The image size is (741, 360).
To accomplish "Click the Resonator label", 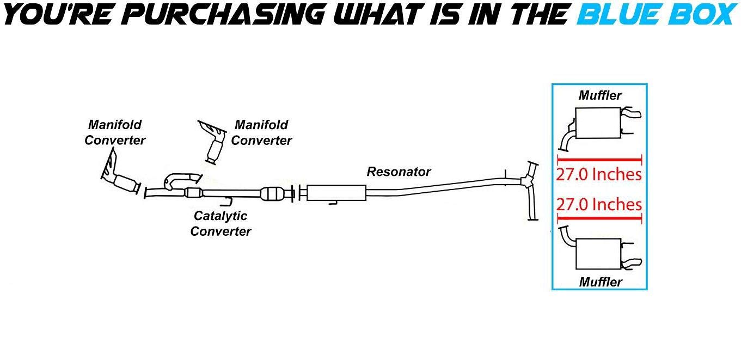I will pos(399,172).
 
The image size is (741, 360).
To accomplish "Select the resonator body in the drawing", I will pos(336,193).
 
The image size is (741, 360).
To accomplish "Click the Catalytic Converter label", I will pos(221,223).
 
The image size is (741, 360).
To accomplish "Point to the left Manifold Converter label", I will pos(115,132).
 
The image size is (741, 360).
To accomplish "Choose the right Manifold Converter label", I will pos(261,132).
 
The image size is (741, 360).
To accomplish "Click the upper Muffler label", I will pos(600,95).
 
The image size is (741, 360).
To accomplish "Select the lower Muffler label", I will pos(600,282).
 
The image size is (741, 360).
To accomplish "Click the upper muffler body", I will pos(598,123).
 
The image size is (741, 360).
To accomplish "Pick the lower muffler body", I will pos(598,254).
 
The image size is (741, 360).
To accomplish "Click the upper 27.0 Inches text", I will pos(599,175).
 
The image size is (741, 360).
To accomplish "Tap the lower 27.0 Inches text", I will pos(599,204).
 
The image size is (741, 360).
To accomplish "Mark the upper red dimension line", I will pos(599,160).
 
